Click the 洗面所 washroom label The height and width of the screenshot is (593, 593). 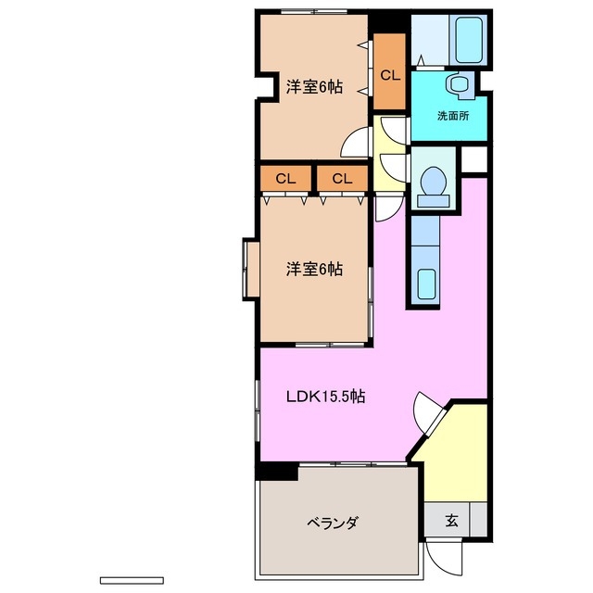click(453, 116)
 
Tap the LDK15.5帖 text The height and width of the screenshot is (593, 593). click(324, 397)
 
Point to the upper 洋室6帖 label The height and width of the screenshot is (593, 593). click(314, 87)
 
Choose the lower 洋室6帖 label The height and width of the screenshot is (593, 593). click(314, 270)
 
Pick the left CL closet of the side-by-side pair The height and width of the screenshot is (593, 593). click(285, 178)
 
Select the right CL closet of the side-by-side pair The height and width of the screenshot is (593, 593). click(342, 178)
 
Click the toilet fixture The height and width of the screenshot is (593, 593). click(432, 185)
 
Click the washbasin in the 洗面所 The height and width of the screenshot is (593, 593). click(457, 86)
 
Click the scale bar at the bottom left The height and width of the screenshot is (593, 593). click(131, 580)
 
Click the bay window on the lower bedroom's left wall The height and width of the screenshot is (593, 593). click(249, 270)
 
